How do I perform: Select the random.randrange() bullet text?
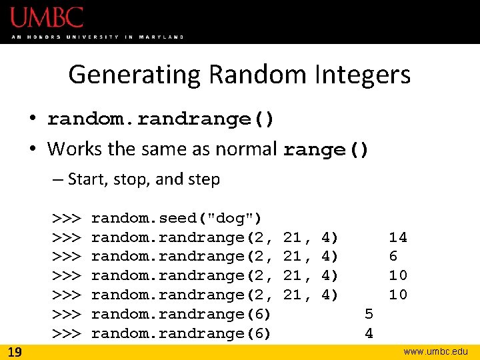pyautogui.click(x=161, y=119)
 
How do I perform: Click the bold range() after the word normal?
pyautogui.click(x=326, y=149)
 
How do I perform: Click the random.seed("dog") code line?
pyautogui.click(x=176, y=218)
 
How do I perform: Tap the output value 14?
pyautogui.click(x=398, y=237)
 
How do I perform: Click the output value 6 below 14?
pyautogui.click(x=393, y=256)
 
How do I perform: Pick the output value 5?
pyautogui.click(x=369, y=313)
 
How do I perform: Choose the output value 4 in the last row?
pyautogui.click(x=369, y=333)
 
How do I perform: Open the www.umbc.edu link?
pyautogui.click(x=436, y=351)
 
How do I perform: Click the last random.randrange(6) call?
pyautogui.click(x=181, y=333)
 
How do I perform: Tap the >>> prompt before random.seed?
pyautogui.click(x=67, y=218)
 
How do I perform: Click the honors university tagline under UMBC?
pyautogui.click(x=97, y=37)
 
